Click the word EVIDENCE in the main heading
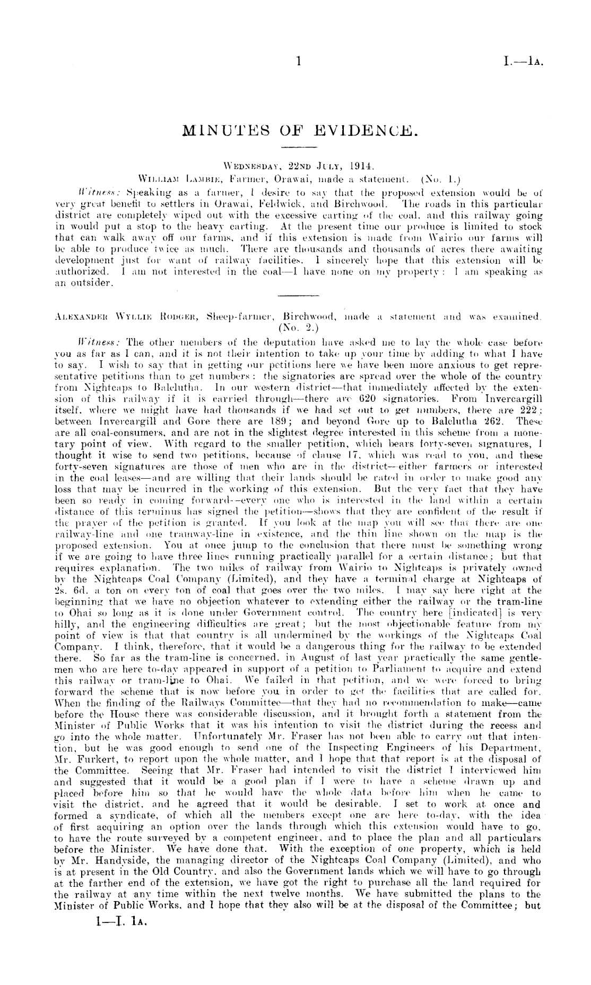[367, 128]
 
